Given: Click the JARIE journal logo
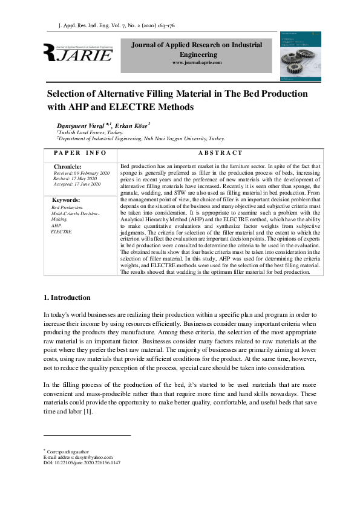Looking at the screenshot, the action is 78,54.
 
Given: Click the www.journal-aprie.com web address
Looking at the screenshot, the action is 197,63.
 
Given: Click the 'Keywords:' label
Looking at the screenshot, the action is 66,200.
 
